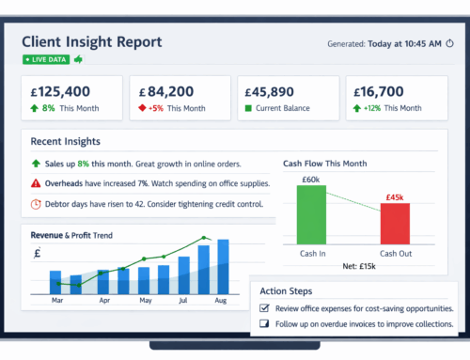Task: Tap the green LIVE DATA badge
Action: [46, 59]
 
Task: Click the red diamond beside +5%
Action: [143, 108]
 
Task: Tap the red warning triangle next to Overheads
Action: [36, 183]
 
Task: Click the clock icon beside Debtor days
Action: [36, 203]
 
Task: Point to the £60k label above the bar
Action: [311, 179]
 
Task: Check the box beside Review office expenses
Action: [264, 308]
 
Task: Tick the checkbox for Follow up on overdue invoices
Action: [264, 324]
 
